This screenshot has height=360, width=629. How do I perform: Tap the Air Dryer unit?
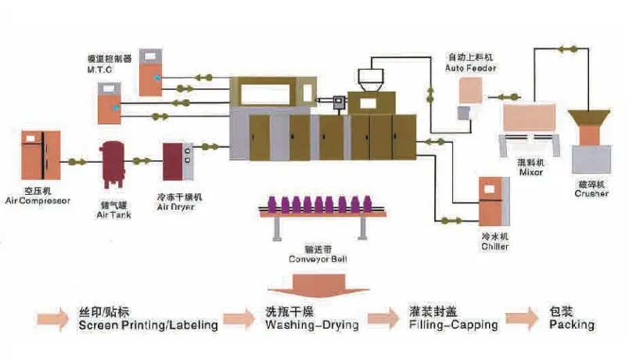click(176, 162)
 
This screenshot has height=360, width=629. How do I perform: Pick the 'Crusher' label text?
click(591, 193)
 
